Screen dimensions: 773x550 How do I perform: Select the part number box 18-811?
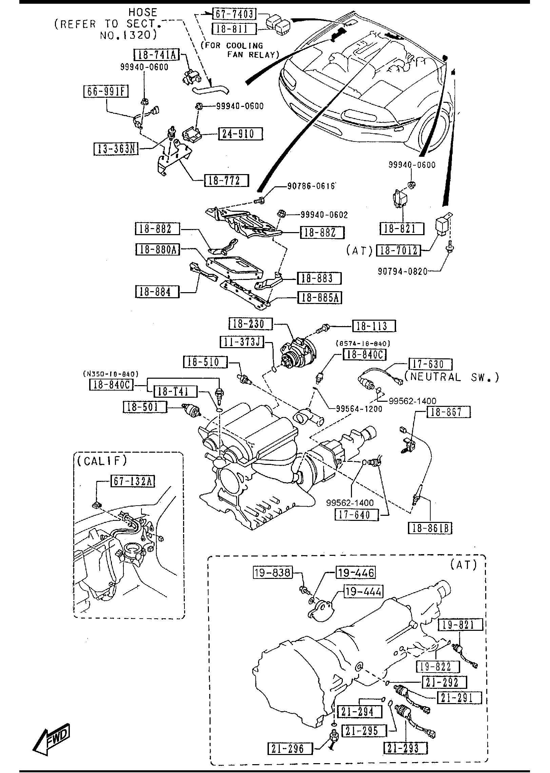tap(234, 29)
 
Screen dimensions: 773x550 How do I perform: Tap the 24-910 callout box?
tap(240, 134)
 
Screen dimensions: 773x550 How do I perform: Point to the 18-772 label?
tap(226, 180)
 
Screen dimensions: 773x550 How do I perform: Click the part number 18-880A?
tap(157, 250)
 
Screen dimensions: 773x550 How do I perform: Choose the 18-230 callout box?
tap(251, 324)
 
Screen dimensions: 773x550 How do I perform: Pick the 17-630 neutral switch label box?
tap(430, 364)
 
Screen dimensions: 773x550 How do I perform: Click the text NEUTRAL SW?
tap(452, 377)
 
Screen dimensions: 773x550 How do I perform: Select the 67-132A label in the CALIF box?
tap(133, 482)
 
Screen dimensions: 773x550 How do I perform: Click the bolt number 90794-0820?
tap(402, 271)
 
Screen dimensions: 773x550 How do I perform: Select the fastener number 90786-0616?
tap(311, 187)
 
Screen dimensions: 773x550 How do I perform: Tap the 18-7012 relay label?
tap(398, 250)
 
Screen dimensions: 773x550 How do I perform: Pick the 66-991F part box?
tap(106, 92)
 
